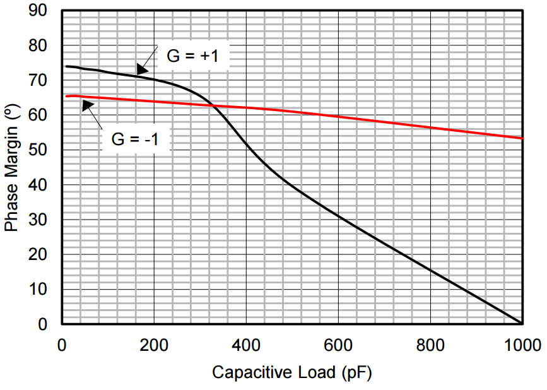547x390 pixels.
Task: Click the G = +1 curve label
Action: coord(192,56)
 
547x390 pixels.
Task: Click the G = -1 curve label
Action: coord(135,139)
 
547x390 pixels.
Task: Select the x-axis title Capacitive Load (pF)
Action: coord(291,372)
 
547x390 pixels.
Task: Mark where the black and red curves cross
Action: coord(212,105)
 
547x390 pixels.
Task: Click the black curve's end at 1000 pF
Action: coord(522,323)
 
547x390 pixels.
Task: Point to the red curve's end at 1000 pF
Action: coord(522,138)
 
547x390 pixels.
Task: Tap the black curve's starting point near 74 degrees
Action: coord(66,66)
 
